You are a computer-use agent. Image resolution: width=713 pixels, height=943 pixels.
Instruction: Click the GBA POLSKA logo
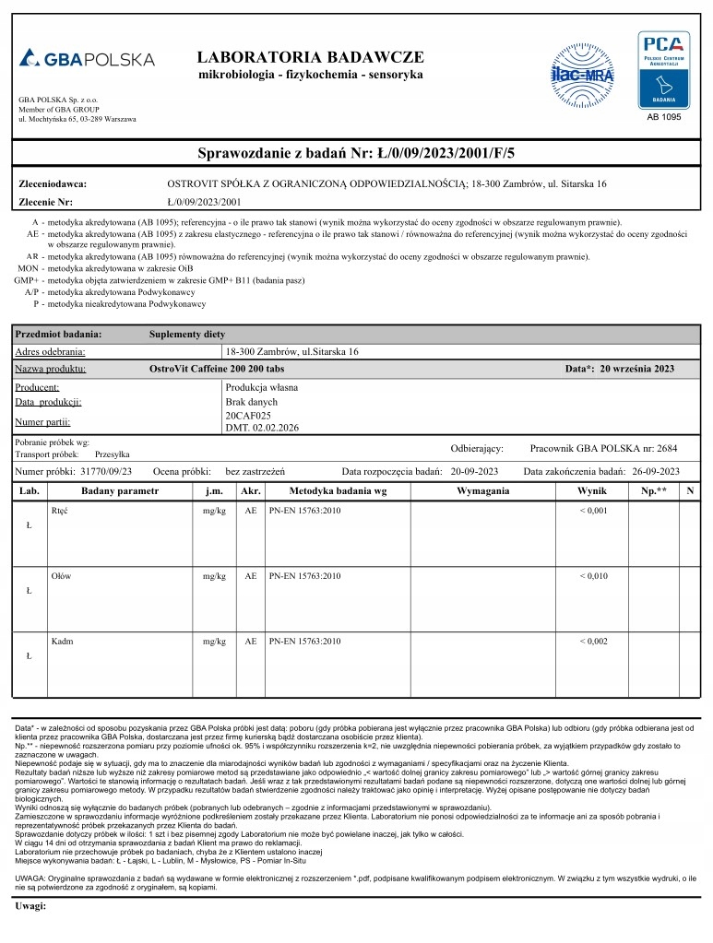coord(87,59)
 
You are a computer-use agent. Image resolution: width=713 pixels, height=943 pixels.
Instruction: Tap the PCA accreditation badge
coord(663,70)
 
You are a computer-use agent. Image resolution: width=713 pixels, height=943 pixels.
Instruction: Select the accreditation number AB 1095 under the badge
coord(663,118)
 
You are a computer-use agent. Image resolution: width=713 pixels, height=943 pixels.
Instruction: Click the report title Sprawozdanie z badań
coord(356,152)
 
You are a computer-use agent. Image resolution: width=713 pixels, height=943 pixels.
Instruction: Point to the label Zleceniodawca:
coord(53,183)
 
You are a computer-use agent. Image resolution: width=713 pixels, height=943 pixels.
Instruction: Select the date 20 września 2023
coord(636,369)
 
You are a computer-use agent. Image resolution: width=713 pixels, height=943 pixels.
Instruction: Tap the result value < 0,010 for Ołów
coord(593,575)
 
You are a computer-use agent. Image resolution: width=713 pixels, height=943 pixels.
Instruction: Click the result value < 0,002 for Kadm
coord(593,641)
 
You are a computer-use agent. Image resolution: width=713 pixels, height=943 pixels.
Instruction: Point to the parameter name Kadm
coord(63,641)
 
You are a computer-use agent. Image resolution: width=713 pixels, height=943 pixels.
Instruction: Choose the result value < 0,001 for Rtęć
coord(593,510)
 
